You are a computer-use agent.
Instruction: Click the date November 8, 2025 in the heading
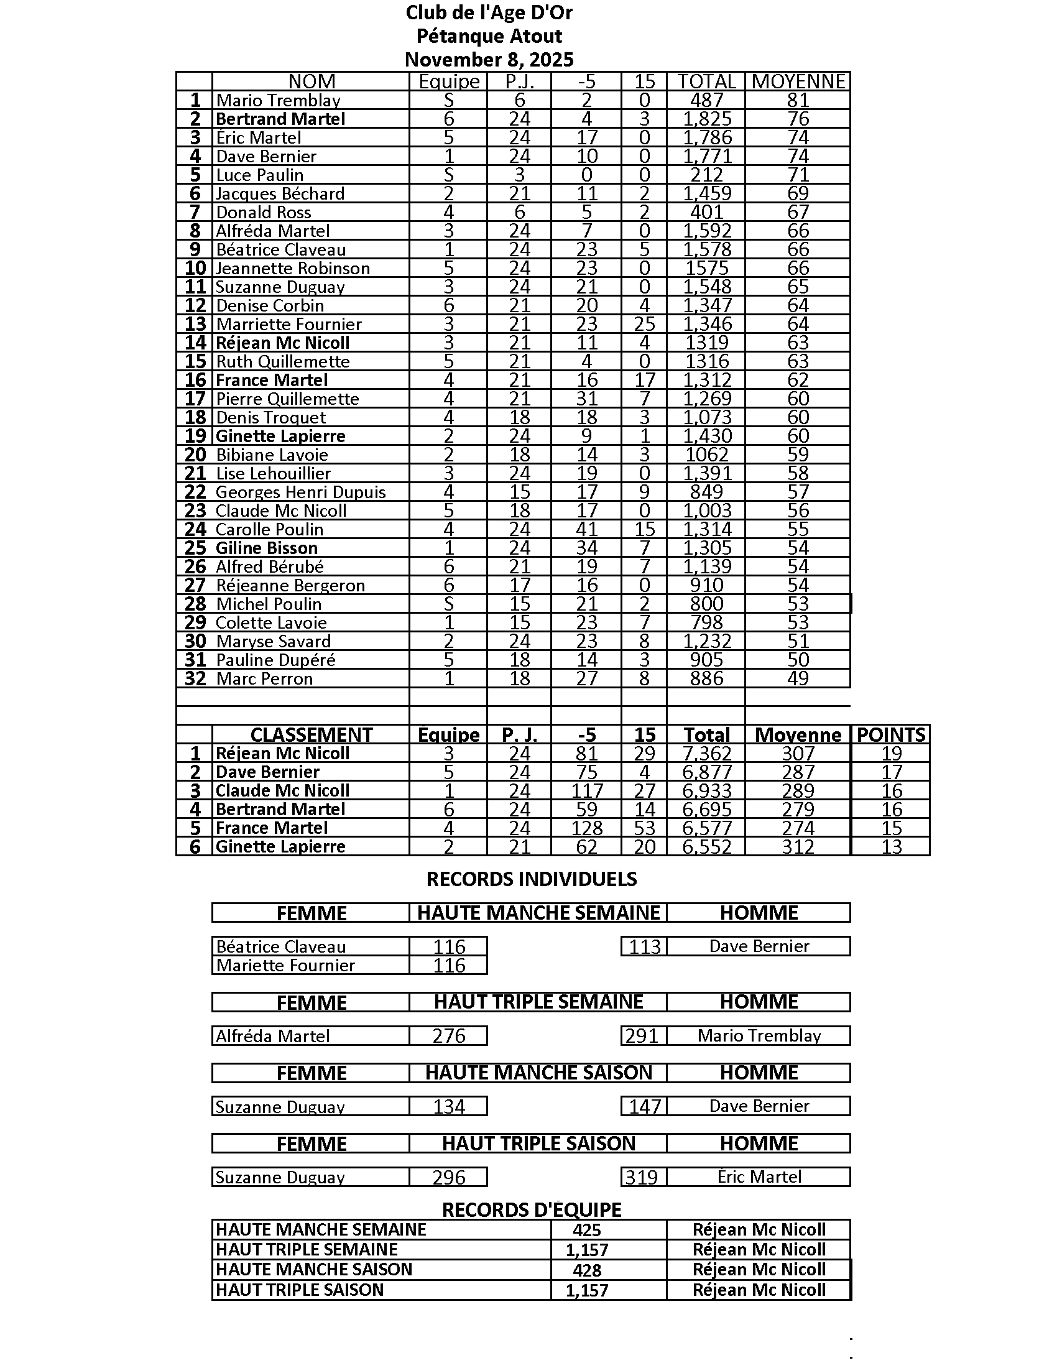[x=489, y=60]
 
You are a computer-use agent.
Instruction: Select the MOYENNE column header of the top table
[x=798, y=81]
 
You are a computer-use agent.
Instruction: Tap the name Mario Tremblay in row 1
[x=278, y=100]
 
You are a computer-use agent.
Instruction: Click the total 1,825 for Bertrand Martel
[x=707, y=119]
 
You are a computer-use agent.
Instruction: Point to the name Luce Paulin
[x=260, y=175]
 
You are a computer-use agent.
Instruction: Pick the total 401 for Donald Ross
[x=707, y=212]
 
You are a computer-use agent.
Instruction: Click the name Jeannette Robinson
[x=293, y=268]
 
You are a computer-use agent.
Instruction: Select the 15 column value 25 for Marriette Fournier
[x=644, y=324]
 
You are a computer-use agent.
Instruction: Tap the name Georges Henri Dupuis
[x=300, y=492]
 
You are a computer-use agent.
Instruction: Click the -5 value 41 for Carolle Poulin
[x=587, y=529]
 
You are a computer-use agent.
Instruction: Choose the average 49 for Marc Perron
[x=798, y=678]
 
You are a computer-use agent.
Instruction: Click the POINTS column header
[x=890, y=735]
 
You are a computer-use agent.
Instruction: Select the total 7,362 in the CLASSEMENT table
[x=707, y=754]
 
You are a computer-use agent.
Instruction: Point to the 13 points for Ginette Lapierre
[x=891, y=847]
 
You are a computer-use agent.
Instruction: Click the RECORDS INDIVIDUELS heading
[x=532, y=879]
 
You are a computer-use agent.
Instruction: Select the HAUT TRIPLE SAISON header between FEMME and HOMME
[x=538, y=1144]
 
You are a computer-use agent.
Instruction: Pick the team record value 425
[x=587, y=1229]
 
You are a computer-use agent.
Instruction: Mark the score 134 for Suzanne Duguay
[x=449, y=1107]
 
